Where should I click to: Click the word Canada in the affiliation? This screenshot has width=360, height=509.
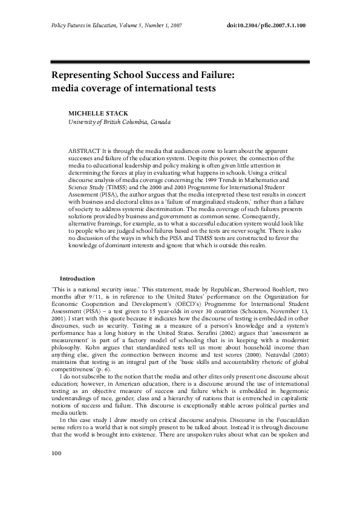coord(156,122)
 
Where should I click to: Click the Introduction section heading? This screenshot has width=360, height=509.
coord(77,278)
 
